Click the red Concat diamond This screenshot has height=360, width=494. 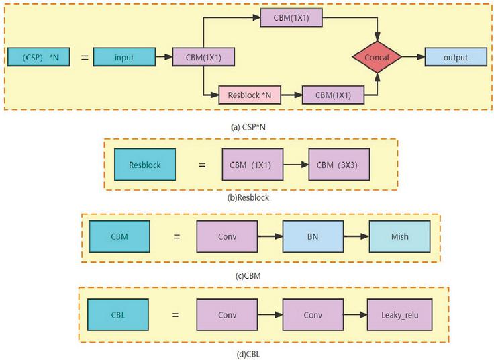(x=377, y=58)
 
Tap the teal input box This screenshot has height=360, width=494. (x=123, y=58)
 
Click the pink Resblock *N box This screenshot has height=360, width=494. (x=250, y=95)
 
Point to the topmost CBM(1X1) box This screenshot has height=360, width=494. (x=290, y=19)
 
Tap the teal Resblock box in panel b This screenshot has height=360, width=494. (x=144, y=165)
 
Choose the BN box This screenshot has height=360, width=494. (x=313, y=236)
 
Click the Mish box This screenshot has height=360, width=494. (x=399, y=236)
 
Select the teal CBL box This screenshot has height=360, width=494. (x=118, y=314)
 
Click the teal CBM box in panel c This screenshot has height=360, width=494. (x=119, y=236)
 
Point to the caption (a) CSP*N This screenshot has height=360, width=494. (x=248, y=126)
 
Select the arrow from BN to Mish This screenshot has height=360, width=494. (x=356, y=236)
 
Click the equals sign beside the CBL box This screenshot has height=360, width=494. (x=174, y=314)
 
